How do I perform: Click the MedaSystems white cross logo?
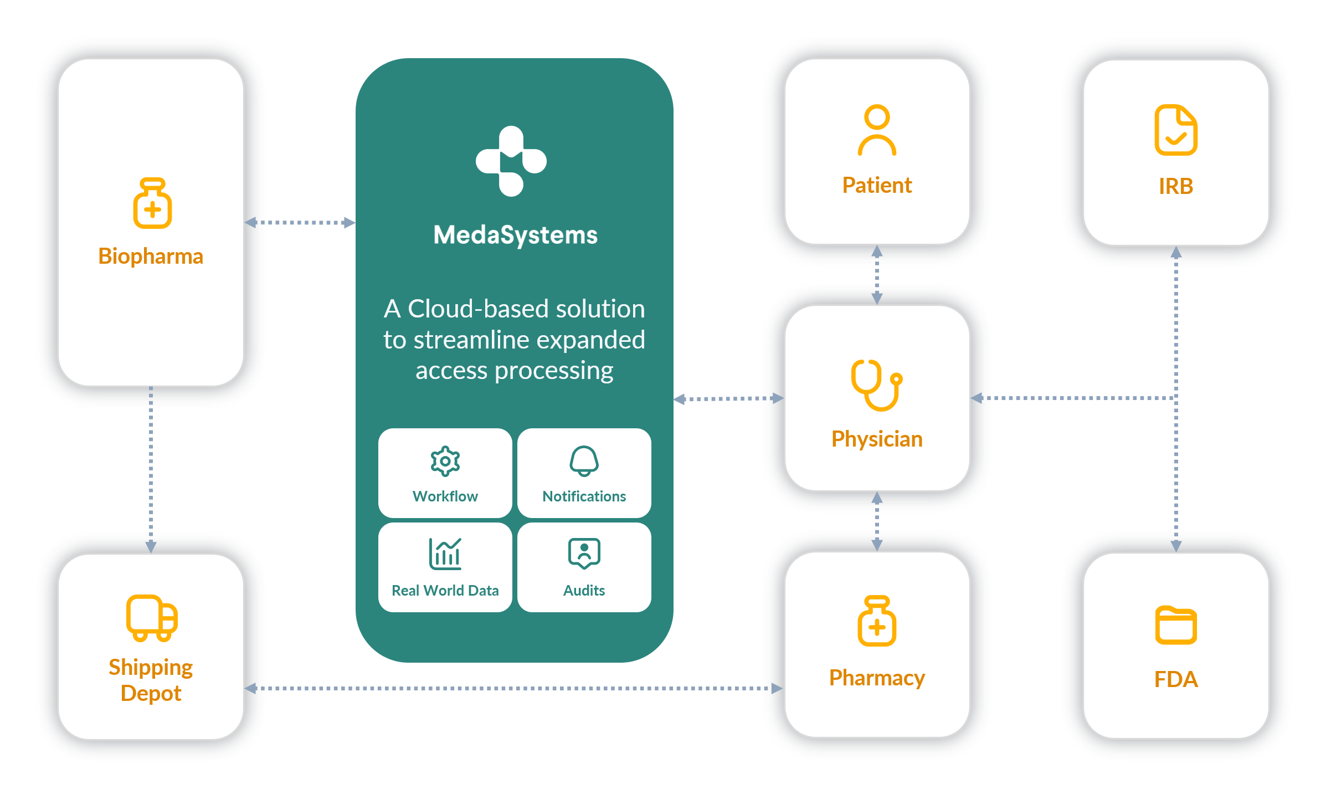pyautogui.click(x=511, y=161)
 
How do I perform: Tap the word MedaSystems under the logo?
pyautogui.click(x=515, y=235)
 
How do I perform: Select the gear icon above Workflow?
pyautogui.click(x=445, y=461)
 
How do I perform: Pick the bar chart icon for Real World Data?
pyautogui.click(x=445, y=554)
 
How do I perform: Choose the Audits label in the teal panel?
pyautogui.click(x=584, y=591)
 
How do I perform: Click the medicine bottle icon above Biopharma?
pyautogui.click(x=152, y=203)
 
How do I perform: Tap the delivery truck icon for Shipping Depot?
pyautogui.click(x=151, y=618)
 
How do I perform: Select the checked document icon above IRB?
pyautogui.click(x=1175, y=130)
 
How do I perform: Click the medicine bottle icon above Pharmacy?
pyautogui.click(x=877, y=621)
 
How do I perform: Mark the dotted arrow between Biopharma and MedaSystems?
pyautogui.click(x=300, y=223)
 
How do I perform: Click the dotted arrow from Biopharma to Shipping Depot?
pyautogui.click(x=151, y=468)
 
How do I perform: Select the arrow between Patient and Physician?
pyautogui.click(x=877, y=275)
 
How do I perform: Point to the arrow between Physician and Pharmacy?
pyautogui.click(x=877, y=521)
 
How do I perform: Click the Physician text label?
pyautogui.click(x=877, y=439)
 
